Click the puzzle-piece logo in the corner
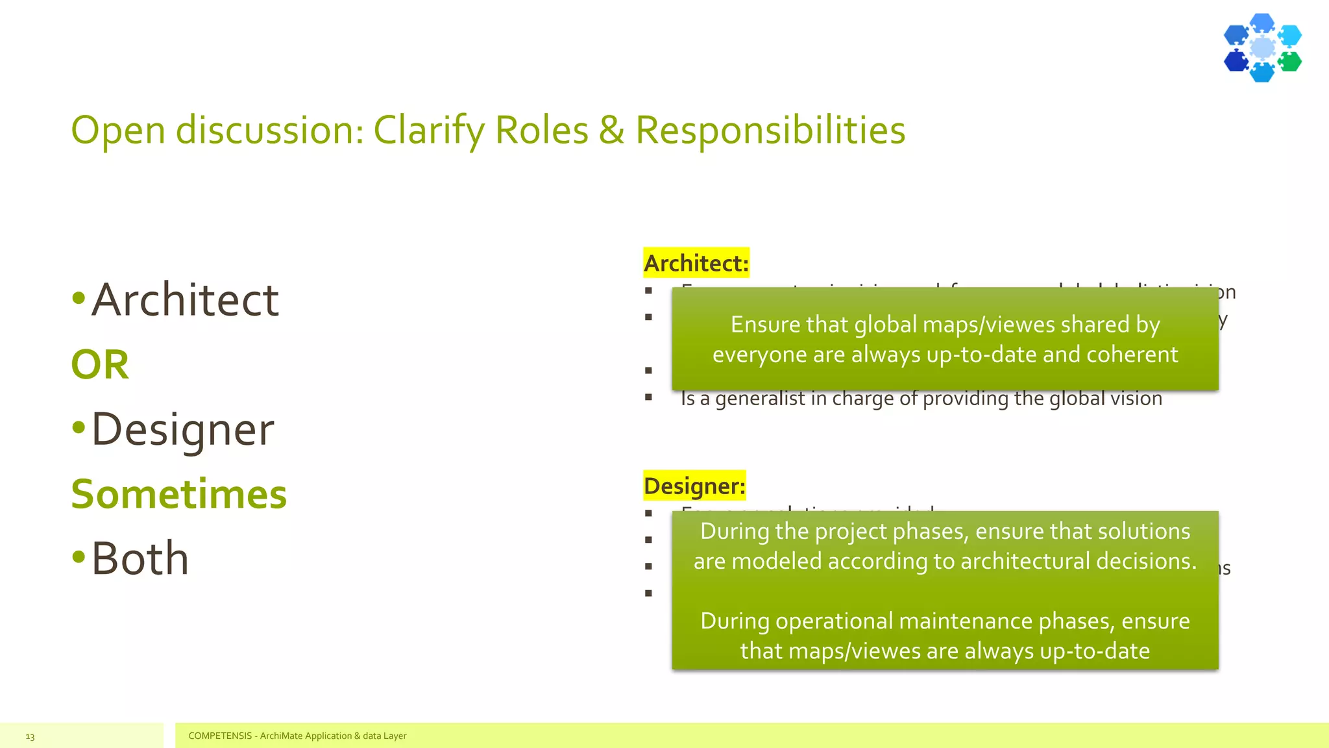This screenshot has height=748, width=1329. tap(1262, 48)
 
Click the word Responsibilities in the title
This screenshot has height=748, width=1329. tap(770, 130)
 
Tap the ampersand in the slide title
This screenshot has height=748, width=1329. tap(611, 130)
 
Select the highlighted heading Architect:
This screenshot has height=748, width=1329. tap(696, 263)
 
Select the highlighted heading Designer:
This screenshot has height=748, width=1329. tap(694, 486)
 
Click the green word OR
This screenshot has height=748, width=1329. tap(100, 365)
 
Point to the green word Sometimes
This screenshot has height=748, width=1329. tap(178, 495)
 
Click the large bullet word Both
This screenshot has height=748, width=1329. tap(140, 558)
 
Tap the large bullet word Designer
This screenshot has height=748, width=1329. tap(182, 430)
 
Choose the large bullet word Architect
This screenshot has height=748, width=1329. tap(185, 300)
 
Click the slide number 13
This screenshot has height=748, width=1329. tap(30, 736)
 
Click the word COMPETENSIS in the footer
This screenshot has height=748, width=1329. tap(219, 736)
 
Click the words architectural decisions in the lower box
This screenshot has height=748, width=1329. tap(1078, 561)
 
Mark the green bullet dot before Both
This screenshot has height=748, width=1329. tap(79, 556)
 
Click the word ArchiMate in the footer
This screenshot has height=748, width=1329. tap(282, 736)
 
